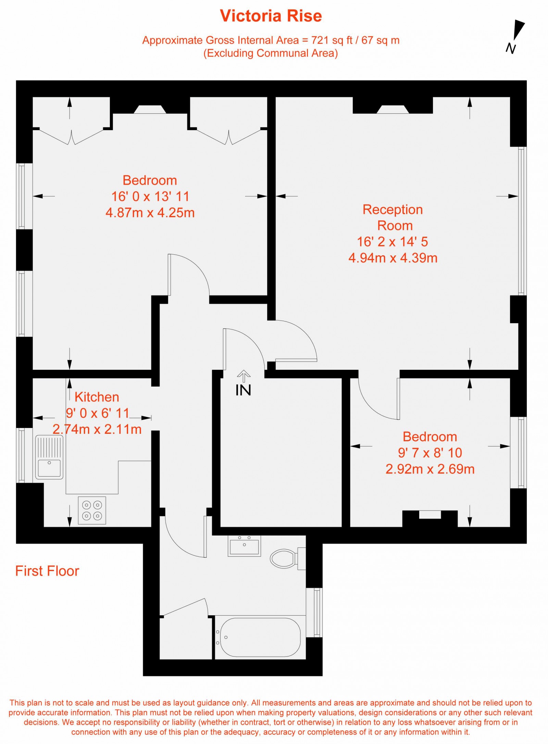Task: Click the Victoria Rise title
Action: tap(271, 16)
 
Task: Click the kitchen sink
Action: tap(49, 457)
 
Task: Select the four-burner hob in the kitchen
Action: tap(92, 510)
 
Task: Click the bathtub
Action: tap(260, 637)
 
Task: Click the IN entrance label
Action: tap(243, 390)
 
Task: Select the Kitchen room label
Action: tap(97, 397)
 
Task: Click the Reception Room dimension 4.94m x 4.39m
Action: tap(393, 258)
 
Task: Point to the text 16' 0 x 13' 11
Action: tap(150, 197)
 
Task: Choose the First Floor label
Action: tap(47, 571)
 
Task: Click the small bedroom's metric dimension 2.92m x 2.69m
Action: tap(430, 469)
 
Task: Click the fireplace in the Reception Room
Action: tap(393, 109)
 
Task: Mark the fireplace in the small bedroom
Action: tap(430, 515)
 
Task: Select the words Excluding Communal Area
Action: tap(271, 53)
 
